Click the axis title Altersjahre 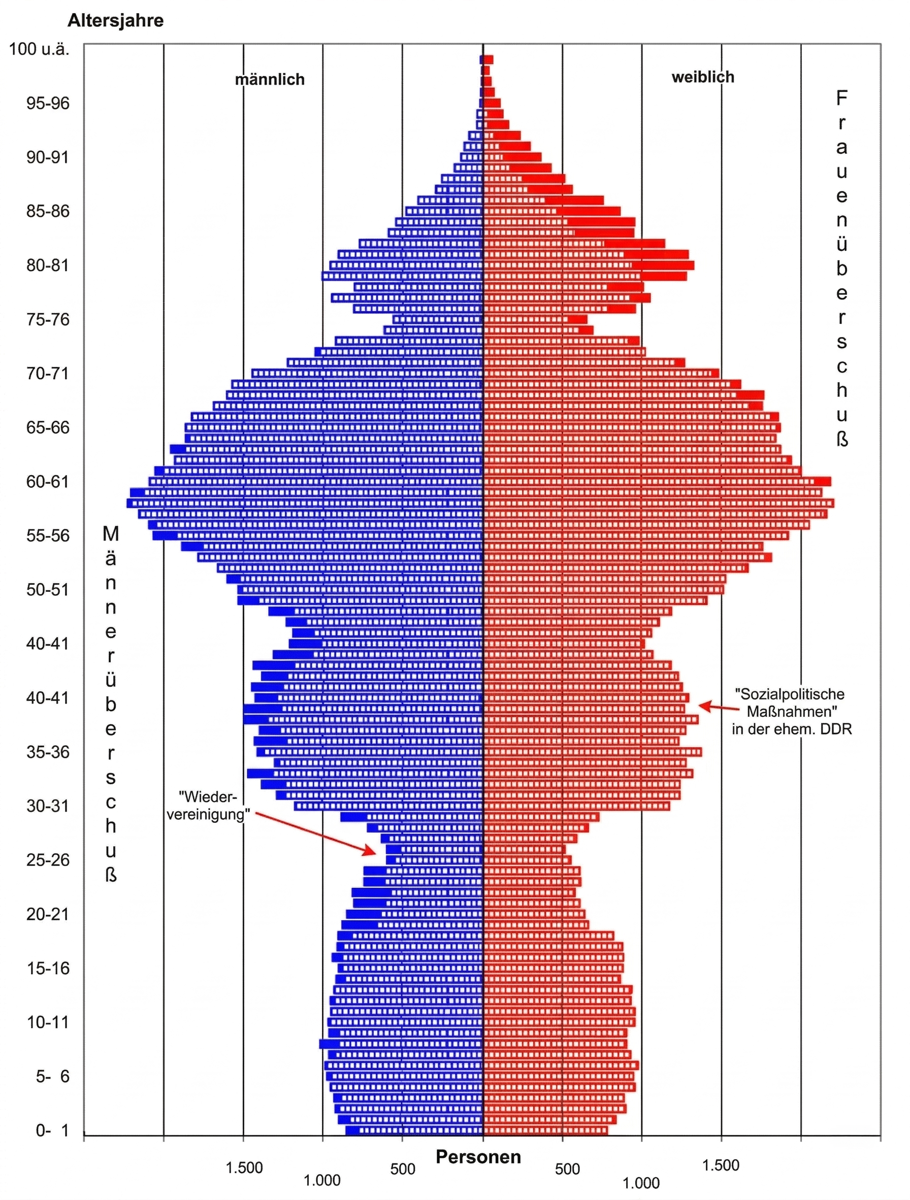(x=115, y=21)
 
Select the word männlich (x=270, y=80)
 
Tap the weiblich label (x=703, y=77)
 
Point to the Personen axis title (x=478, y=1157)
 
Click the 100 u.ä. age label (x=39, y=49)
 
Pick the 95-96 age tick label (x=48, y=103)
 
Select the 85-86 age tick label (x=48, y=211)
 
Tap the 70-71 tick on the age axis (x=48, y=373)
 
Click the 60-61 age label (x=48, y=481)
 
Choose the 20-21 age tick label (x=48, y=914)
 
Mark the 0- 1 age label (x=52, y=1130)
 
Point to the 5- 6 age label (x=52, y=1076)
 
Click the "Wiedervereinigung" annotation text (x=208, y=806)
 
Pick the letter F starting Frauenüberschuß (x=841, y=98)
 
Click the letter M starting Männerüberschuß (x=111, y=535)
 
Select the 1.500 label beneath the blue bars (x=244, y=1168)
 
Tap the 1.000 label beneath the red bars (x=641, y=1183)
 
